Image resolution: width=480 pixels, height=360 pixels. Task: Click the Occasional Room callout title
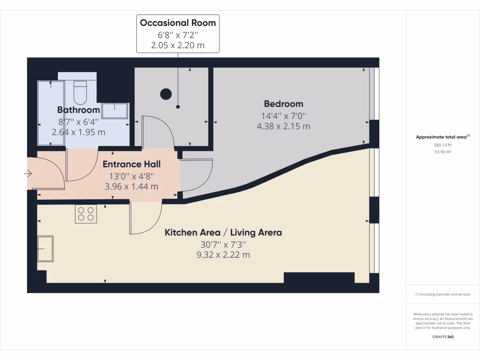pyautogui.click(x=178, y=22)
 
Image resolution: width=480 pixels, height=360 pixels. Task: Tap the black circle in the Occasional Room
pyautogui.click(x=166, y=94)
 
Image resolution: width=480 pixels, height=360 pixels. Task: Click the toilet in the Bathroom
pyautogui.click(x=81, y=92)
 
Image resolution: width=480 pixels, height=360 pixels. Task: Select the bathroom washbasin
pyautogui.click(x=114, y=111)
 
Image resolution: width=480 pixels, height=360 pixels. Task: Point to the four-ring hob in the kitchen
pyautogui.click(x=86, y=214)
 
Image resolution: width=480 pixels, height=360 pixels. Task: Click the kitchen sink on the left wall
pyautogui.click(x=45, y=248)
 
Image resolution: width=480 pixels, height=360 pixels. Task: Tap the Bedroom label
pyautogui.click(x=283, y=104)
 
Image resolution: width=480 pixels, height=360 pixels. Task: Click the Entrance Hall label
pyautogui.click(x=131, y=164)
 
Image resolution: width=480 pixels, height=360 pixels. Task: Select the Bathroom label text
pyautogui.click(x=78, y=110)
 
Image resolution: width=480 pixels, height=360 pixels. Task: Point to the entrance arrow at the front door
pyautogui.click(x=28, y=174)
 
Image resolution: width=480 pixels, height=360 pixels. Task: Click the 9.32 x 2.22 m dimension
pyautogui.click(x=223, y=255)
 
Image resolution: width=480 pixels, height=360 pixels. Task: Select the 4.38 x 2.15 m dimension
pyautogui.click(x=283, y=126)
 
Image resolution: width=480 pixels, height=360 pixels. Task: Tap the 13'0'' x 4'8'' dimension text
pyautogui.click(x=131, y=176)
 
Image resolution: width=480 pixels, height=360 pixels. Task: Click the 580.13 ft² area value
pyautogui.click(x=442, y=145)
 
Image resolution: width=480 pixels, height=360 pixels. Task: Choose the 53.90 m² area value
pyautogui.click(x=442, y=152)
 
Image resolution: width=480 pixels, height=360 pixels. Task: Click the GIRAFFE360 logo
pyautogui.click(x=442, y=337)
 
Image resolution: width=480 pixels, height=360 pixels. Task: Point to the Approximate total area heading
pyautogui.click(x=442, y=137)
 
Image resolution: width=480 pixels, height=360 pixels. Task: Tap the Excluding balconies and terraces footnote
pyautogui.click(x=442, y=294)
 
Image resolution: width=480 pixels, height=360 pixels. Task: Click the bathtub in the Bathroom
pyautogui.click(x=51, y=112)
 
